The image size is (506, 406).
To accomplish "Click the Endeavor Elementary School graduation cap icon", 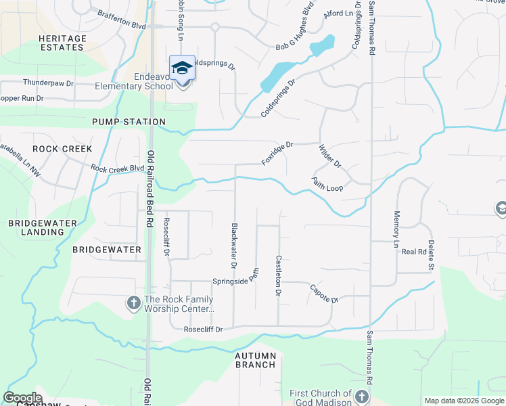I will pyautogui.click(x=182, y=68).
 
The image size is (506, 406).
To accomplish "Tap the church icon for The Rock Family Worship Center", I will pyautogui.click(x=133, y=304).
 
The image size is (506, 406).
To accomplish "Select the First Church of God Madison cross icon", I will pyautogui.click(x=362, y=397).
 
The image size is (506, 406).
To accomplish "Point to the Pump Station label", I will pyautogui.click(x=129, y=122).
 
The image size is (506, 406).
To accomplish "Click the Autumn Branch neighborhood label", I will pyautogui.click(x=255, y=360).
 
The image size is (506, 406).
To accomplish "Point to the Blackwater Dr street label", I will pyautogui.click(x=234, y=244).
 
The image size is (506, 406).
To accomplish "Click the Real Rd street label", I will pyautogui.click(x=412, y=252).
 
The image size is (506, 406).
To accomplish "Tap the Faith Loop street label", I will pyautogui.click(x=327, y=183).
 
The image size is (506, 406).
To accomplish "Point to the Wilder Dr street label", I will pyautogui.click(x=330, y=156).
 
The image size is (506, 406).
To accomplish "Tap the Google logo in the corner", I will pyautogui.click(x=22, y=398).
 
